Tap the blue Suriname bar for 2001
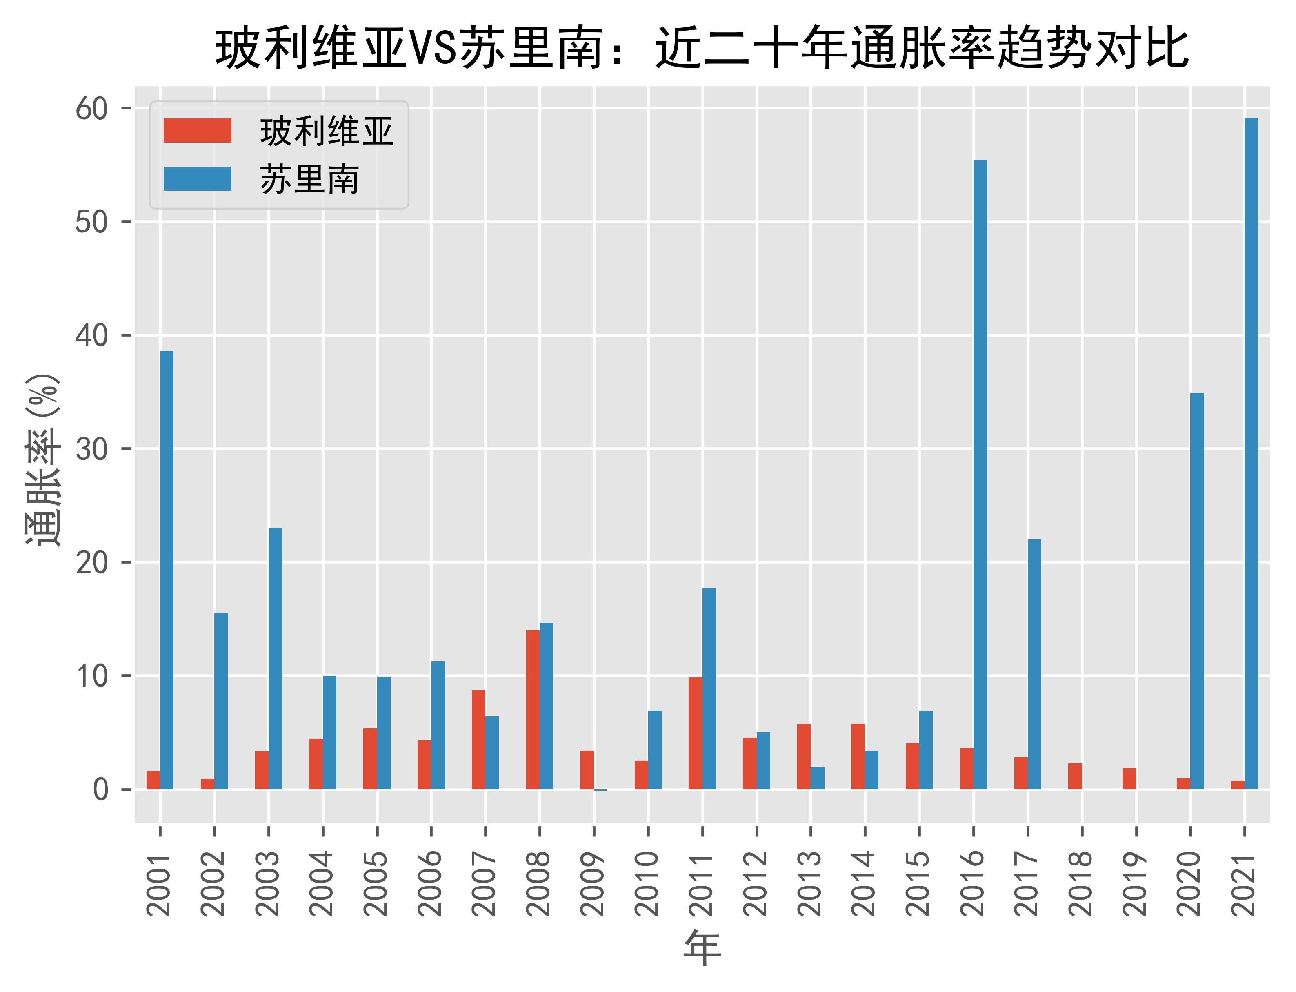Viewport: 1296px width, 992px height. (x=167, y=571)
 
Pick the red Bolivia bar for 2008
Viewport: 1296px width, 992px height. (x=533, y=710)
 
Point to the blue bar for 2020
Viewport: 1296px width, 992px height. (x=1197, y=591)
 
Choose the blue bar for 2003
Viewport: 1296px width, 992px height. (x=275, y=658)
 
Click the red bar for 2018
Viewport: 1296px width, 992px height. (x=1075, y=776)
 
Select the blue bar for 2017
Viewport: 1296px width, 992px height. (x=1034, y=664)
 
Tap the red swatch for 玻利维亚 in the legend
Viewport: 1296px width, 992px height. (x=197, y=131)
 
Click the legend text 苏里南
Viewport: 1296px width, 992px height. (x=309, y=180)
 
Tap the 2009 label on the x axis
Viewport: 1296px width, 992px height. (x=593, y=883)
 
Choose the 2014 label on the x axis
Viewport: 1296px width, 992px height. (x=864, y=883)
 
